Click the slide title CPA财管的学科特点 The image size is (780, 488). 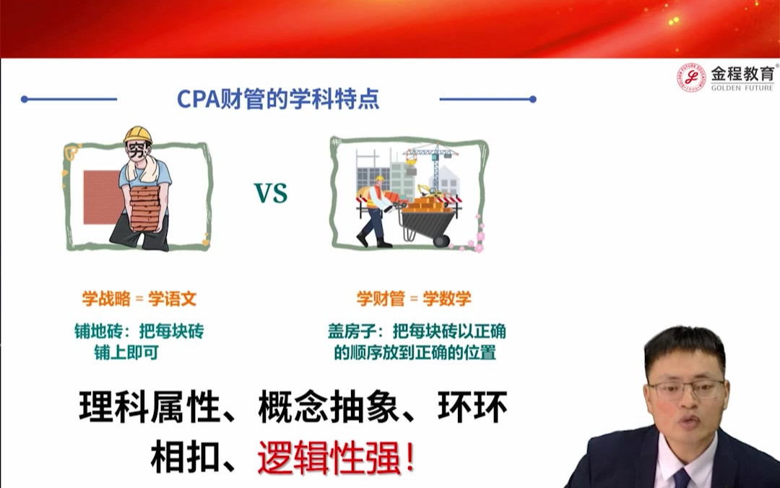[278, 98]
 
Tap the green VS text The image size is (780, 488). [271, 193]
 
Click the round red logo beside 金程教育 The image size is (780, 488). [691, 77]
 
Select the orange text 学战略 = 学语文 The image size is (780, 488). [139, 299]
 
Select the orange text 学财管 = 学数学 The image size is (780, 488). [414, 299]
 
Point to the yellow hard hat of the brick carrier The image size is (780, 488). [138, 134]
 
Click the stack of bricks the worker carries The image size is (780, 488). [145, 209]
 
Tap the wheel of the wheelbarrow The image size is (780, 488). [441, 241]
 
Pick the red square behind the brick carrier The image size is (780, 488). [102, 197]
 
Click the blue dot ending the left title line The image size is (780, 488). [25, 99]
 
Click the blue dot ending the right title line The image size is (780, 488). [533, 99]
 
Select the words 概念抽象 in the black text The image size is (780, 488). [329, 407]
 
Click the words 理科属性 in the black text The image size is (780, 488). [149, 407]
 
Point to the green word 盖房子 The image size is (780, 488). [351, 331]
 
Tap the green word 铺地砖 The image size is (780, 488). [97, 331]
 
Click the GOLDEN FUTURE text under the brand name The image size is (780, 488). [742, 88]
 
